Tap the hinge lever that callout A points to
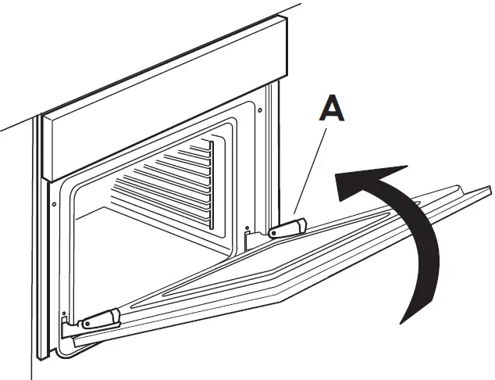286,228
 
